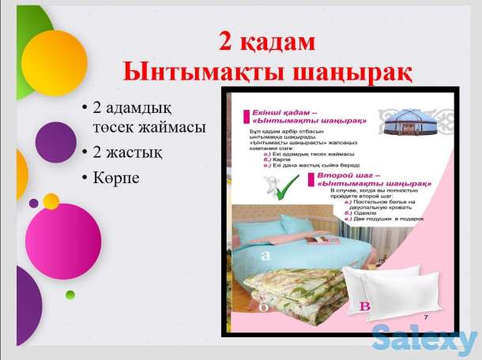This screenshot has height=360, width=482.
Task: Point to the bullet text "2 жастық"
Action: [x=126, y=149]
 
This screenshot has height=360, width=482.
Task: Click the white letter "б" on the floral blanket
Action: [x=263, y=306]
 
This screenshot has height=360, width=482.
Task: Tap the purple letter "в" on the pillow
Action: [x=364, y=305]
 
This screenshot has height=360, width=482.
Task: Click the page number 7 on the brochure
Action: [x=425, y=317]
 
